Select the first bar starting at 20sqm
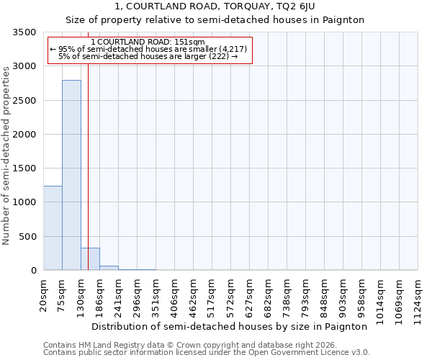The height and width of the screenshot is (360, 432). (x=53, y=228)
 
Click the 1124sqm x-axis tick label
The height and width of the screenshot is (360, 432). (x=418, y=299)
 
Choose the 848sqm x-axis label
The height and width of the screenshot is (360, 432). (x=325, y=296)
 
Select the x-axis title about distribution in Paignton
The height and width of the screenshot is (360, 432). (x=230, y=326)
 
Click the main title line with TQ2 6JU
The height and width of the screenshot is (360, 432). (x=215, y=6)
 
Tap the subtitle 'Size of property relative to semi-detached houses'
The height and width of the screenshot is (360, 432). (x=215, y=20)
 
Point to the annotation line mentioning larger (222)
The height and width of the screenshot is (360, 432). (x=149, y=56)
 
